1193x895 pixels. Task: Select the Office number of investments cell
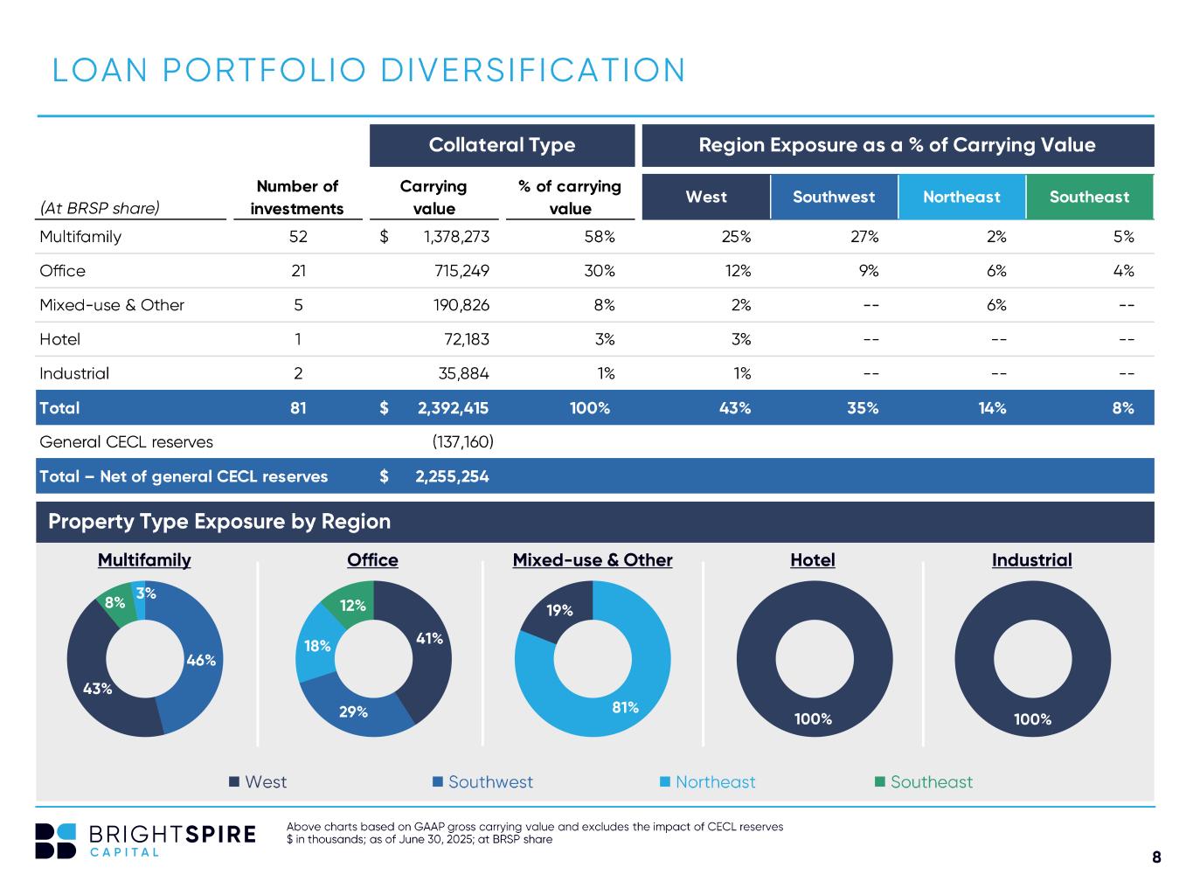[298, 271]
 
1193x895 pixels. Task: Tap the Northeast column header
[961, 197]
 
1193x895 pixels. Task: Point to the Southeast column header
[1089, 197]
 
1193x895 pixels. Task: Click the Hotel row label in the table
[60, 339]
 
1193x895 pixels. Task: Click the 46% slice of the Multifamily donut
[200, 661]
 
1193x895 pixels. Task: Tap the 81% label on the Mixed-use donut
[626, 707]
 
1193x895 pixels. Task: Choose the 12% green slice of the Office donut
[353, 605]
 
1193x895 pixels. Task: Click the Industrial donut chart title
[1031, 560]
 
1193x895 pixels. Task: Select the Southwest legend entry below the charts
[482, 782]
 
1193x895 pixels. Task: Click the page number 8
[1156, 857]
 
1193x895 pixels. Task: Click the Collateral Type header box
[502, 145]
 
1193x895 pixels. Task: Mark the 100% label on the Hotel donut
[813, 719]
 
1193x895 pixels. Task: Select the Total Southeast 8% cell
[1123, 408]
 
